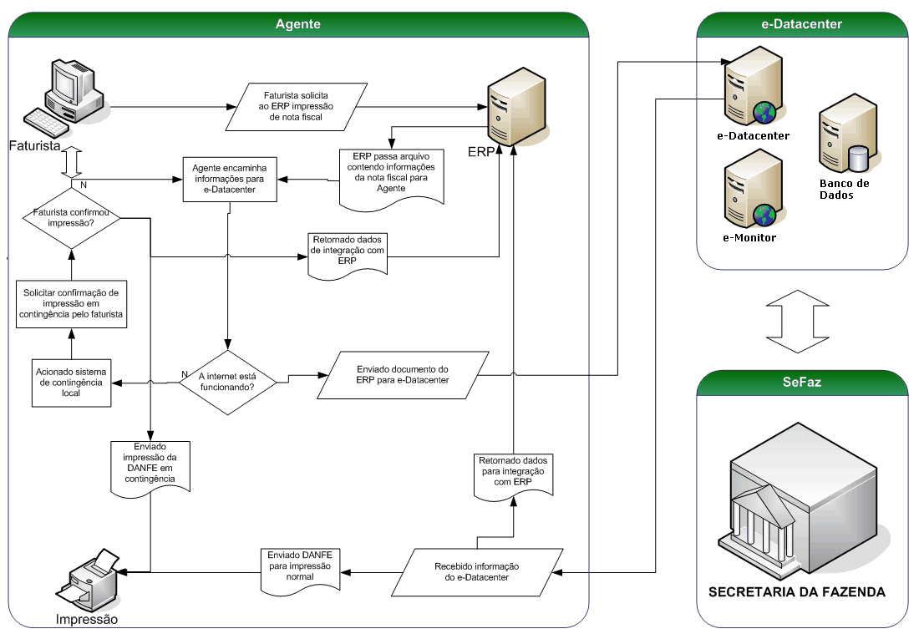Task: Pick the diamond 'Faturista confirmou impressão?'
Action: click(71, 218)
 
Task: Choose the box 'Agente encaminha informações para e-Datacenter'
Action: click(230, 177)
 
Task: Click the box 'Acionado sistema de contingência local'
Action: click(71, 382)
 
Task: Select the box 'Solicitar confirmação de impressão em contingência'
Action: click(71, 303)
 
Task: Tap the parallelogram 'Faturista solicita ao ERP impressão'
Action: click(297, 106)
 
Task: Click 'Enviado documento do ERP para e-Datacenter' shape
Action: click(402, 374)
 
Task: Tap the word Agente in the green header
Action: click(298, 24)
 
